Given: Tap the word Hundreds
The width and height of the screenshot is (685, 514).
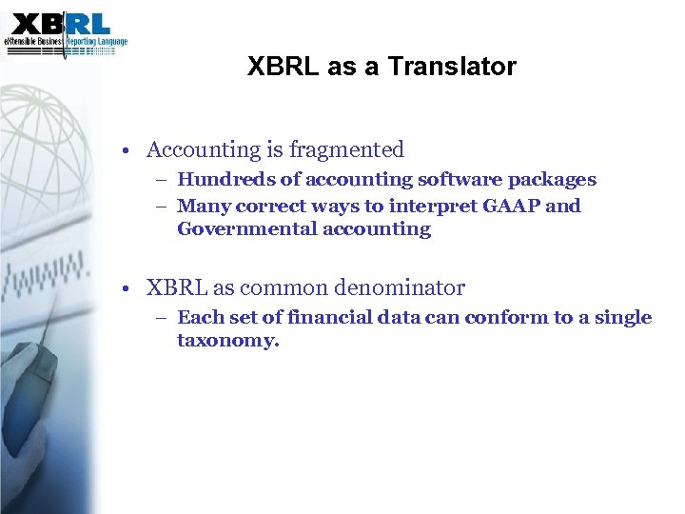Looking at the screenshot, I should click(x=220, y=179).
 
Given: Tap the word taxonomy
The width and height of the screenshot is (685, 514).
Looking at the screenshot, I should click(x=227, y=340).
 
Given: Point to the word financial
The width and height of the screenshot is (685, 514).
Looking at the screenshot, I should click(x=319, y=317).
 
